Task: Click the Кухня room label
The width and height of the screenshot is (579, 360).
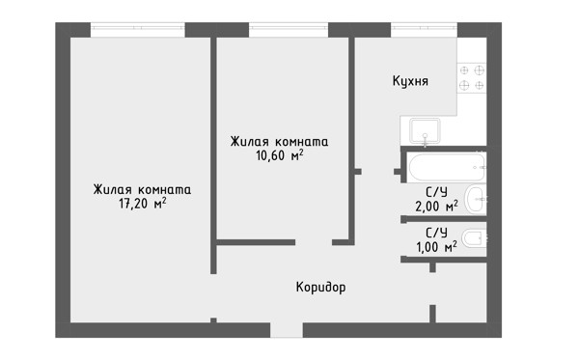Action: click(x=410, y=81)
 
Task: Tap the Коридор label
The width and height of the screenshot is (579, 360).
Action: click(x=321, y=287)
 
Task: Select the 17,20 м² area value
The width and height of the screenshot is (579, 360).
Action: click(x=143, y=203)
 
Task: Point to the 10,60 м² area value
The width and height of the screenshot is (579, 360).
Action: click(x=280, y=155)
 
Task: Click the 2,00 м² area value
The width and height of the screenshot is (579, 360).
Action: click(x=436, y=206)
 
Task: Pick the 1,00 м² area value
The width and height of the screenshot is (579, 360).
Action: click(x=436, y=247)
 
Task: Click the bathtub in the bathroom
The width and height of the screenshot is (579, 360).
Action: click(x=447, y=167)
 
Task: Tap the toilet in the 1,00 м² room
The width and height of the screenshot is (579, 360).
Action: click(x=474, y=238)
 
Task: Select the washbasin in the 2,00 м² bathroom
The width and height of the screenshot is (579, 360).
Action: click(x=476, y=199)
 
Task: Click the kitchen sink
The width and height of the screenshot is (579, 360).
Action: click(x=425, y=131)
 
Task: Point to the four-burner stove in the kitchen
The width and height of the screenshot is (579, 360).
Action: click(x=472, y=78)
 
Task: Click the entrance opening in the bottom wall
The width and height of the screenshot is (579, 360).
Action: click(x=287, y=330)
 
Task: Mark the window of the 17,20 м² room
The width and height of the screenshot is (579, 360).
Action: click(x=138, y=30)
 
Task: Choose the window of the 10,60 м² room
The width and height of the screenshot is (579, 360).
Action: click(x=289, y=30)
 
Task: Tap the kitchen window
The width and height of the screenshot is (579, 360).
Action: click(x=424, y=30)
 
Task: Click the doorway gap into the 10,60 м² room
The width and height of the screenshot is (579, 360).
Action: click(x=314, y=242)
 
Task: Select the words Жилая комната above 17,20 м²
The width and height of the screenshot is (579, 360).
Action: click(x=142, y=189)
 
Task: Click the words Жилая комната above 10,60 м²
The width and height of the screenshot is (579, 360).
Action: click(x=279, y=142)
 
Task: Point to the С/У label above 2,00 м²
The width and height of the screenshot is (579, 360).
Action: click(x=436, y=192)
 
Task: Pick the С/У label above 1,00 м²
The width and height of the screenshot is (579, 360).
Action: click(x=436, y=233)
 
